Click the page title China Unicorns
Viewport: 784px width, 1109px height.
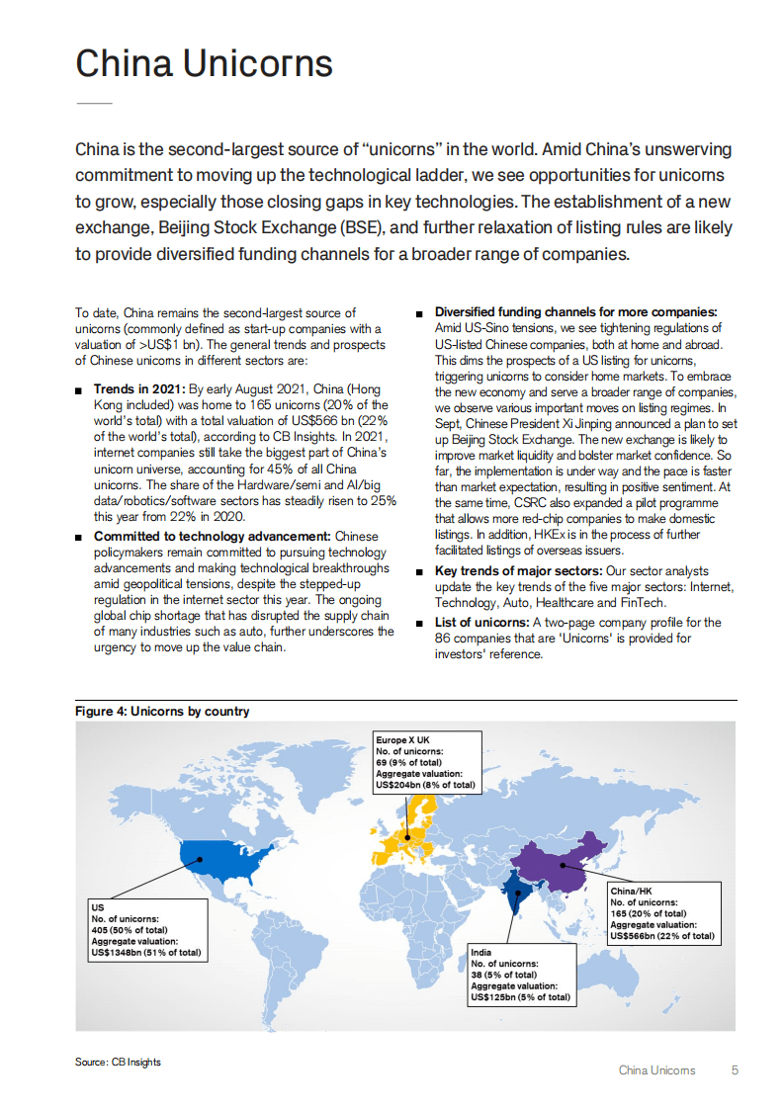[x=204, y=63]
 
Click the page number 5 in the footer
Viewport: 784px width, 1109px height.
[x=735, y=1070]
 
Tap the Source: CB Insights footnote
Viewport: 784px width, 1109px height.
[x=118, y=1062]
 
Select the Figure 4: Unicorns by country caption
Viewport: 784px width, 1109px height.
[x=162, y=711]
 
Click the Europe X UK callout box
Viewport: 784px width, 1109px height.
[x=427, y=762]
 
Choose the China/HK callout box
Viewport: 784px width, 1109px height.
[x=661, y=913]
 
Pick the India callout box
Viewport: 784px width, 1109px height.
[x=522, y=975]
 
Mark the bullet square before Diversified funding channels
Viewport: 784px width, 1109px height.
[x=420, y=313]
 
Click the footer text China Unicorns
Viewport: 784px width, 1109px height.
[x=656, y=1070]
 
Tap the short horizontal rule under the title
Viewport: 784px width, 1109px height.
[x=94, y=104]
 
